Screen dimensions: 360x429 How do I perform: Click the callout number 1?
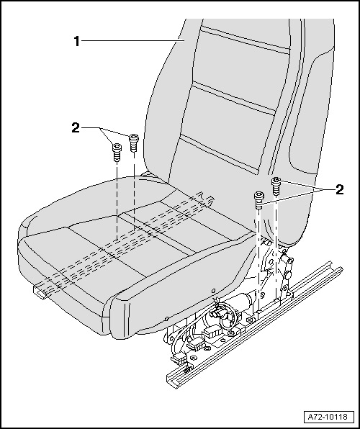tap(76, 41)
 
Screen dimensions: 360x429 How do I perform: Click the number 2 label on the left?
tap(76, 128)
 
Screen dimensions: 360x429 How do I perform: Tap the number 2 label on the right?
tap(339, 189)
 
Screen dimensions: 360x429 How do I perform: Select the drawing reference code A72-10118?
tap(328, 417)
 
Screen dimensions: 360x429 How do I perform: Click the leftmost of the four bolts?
tap(117, 152)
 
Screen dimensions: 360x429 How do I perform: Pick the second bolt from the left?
tap(133, 143)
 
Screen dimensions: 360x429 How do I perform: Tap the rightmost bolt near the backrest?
tap(276, 186)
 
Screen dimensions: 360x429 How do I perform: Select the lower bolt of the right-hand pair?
tap(259, 200)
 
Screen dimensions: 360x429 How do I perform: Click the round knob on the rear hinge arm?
tap(287, 275)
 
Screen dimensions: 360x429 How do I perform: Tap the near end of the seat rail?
tap(172, 381)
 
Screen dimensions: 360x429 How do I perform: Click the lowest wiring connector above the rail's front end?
tap(179, 360)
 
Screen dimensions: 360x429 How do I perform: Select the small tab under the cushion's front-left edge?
tap(40, 292)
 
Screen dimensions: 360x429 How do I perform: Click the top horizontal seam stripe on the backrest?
tap(245, 40)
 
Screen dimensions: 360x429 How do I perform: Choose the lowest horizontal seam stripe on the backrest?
tap(220, 155)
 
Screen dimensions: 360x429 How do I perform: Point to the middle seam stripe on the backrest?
tap(234, 98)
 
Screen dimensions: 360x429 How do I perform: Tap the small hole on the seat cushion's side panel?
tap(214, 290)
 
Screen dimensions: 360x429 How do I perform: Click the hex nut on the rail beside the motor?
tap(249, 320)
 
